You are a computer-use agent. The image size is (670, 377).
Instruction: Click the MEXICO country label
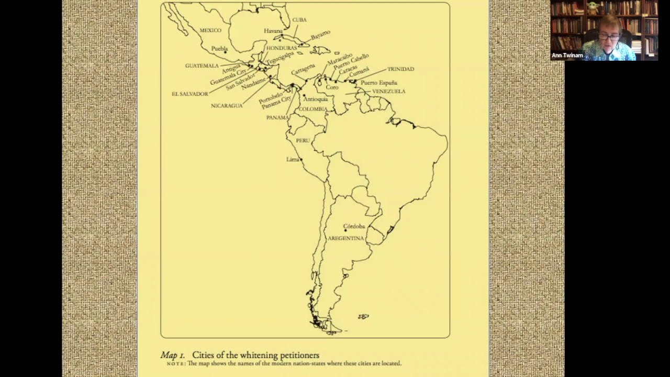pos(210,30)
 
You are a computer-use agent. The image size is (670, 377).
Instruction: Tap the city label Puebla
pos(219,49)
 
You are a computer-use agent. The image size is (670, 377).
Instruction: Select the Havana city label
pos(273,31)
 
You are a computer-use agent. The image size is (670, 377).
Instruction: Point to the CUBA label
pos(299,20)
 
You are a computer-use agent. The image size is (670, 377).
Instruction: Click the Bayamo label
pos(320,36)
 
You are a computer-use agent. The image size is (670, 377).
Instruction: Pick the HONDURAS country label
pos(282,48)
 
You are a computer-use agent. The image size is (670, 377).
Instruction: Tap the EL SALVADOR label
pos(189,94)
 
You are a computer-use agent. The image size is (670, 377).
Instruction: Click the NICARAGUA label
pos(227,106)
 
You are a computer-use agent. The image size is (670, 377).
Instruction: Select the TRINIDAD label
pos(400,69)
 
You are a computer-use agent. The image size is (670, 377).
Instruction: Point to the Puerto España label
pos(378,83)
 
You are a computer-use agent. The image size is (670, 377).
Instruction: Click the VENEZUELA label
pos(388,92)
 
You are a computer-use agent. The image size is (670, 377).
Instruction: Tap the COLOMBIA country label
pos(313,109)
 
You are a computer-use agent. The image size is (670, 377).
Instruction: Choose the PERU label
pos(303,141)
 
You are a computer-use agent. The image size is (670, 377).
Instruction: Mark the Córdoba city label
pos(354,226)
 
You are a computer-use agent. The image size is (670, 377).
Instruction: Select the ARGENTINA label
pos(345,238)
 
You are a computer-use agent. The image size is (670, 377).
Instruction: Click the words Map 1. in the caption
pos(173,356)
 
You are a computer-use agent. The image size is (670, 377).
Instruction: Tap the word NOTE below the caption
pos(176,363)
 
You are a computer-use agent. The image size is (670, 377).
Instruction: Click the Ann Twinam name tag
pos(567,56)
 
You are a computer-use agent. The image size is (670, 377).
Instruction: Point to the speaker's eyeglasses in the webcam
pos(609,37)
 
